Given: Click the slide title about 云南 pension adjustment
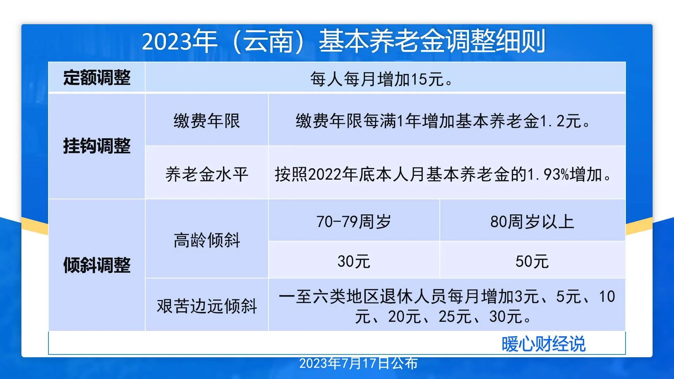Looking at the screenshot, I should coord(343,41).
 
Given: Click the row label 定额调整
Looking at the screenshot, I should coord(97,78).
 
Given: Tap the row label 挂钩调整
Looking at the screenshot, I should coord(97,146).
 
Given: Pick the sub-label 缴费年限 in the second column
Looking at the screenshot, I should coord(207,121).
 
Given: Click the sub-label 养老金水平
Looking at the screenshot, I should coord(207,174).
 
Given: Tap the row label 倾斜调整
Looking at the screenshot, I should coord(97,265).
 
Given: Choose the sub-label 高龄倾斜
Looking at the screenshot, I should coord(207,241).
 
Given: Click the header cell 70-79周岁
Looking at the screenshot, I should coord(354,222).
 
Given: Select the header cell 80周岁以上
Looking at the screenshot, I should coord(532,222).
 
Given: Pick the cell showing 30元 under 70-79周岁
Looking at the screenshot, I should coord(354,261).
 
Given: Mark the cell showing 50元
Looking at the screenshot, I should coord(532,261).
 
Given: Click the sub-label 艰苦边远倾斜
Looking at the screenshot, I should coord(207,306).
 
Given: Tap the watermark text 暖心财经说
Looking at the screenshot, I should coord(543,344).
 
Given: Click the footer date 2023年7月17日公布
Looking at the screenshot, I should coord(358,364).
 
